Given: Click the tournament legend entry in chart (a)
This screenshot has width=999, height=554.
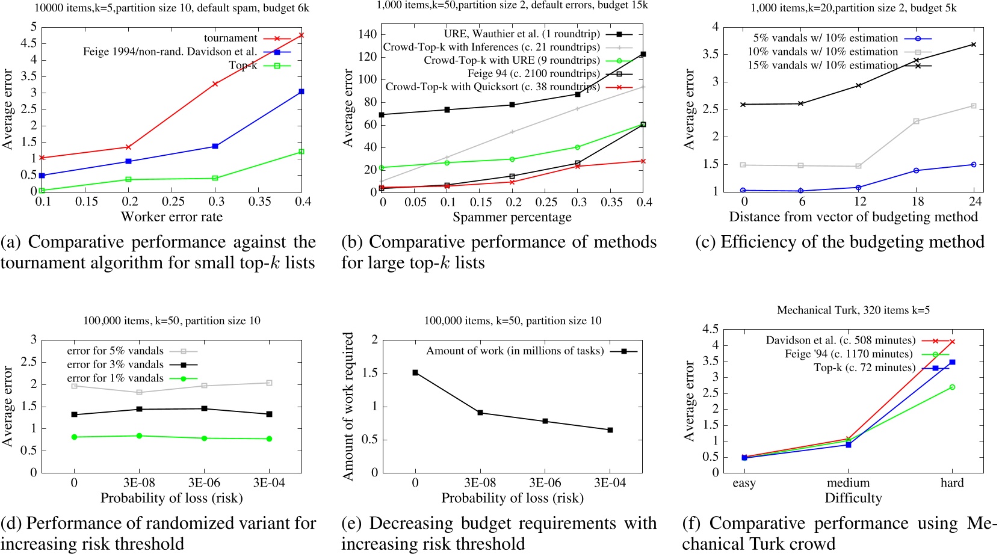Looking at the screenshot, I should [230, 38].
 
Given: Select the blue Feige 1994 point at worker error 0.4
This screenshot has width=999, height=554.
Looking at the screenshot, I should [302, 91].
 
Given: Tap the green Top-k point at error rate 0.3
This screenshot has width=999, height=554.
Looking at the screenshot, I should [215, 178].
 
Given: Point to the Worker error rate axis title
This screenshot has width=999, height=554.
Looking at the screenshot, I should [172, 217].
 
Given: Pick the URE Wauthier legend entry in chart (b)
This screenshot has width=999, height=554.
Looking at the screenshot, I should [522, 34].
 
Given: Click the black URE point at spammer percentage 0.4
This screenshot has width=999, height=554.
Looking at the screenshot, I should [643, 54].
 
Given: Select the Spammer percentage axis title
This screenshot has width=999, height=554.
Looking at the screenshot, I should [512, 217].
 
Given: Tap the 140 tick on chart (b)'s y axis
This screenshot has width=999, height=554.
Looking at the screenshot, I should [367, 34].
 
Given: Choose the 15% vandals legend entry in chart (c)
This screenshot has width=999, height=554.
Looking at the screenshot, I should [823, 65].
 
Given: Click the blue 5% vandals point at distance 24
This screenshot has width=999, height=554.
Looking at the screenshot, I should [974, 164].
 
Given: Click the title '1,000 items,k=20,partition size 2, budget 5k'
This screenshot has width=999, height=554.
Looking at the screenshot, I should [853, 8].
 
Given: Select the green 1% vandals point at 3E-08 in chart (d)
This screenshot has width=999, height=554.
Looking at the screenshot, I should [139, 436].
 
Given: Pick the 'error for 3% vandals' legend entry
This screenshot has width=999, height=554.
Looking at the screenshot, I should [115, 364].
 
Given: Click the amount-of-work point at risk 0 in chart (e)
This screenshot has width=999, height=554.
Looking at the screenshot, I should [415, 372].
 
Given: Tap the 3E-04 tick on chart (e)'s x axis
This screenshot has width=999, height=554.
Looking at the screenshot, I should [610, 483].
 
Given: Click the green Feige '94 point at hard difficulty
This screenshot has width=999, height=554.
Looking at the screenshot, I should [952, 387].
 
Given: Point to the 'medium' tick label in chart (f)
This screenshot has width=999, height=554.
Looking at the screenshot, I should [848, 483].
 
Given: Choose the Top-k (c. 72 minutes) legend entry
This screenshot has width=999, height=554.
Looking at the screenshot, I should [864, 368].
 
